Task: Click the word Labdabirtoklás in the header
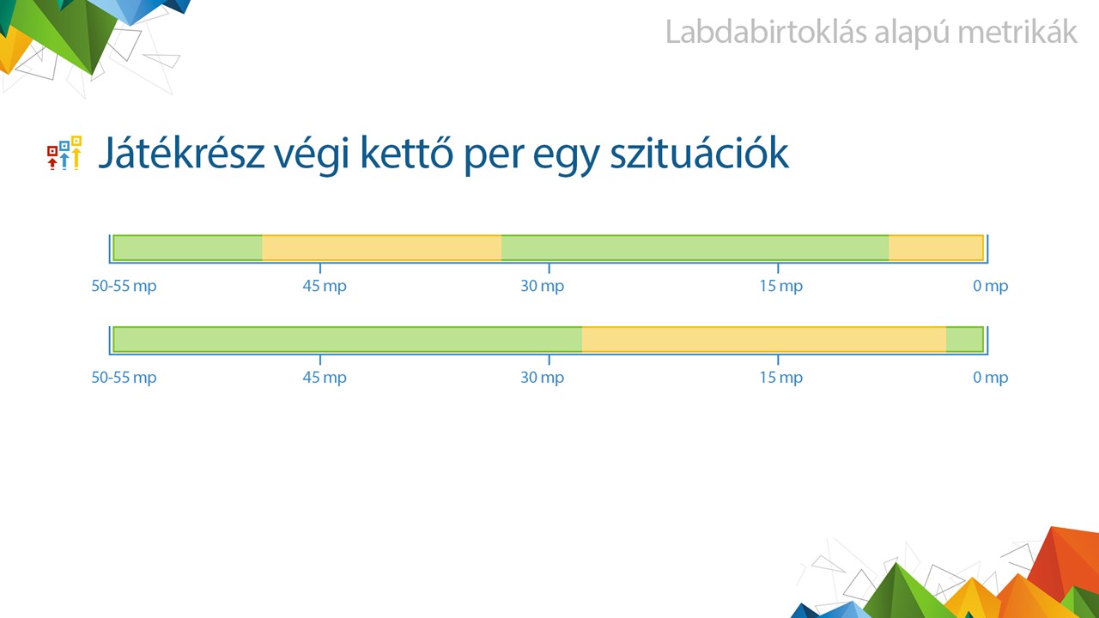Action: point(767,33)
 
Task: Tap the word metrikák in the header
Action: point(1017,33)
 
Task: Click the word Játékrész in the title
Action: point(181,153)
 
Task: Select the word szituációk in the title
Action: point(699,153)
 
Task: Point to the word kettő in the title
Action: point(407,153)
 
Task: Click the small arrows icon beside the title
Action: point(64,153)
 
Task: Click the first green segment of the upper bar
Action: point(187,248)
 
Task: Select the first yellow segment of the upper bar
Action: point(382,248)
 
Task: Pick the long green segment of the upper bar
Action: point(695,248)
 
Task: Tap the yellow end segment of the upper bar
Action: point(936,248)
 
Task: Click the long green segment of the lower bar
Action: point(348,339)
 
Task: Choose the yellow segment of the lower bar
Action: point(764,339)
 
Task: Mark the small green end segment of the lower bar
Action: point(964,339)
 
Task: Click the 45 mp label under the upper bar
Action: point(325,286)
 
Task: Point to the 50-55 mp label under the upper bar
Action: point(124,286)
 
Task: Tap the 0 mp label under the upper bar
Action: point(990,286)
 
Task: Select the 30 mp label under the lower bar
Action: point(542,378)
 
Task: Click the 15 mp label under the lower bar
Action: point(781,378)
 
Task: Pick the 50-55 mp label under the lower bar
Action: point(124,378)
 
